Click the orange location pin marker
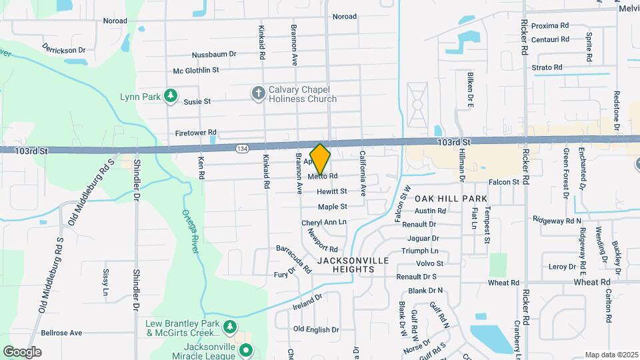321,159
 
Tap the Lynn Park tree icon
171,96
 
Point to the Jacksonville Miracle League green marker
246,349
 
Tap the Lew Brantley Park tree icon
230,327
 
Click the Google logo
23,351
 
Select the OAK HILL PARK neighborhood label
451,199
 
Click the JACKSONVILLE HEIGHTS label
345,265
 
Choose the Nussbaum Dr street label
214,53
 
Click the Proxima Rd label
551,25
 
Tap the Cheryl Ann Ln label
324,222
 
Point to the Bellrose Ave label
61,332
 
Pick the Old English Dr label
317,329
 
